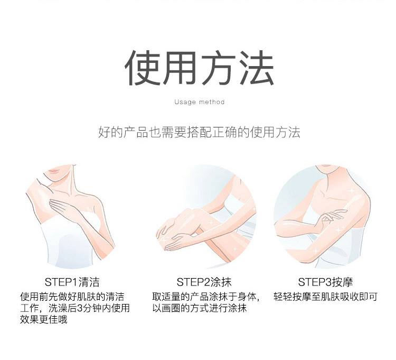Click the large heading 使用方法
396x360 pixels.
199,68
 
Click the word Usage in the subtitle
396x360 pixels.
185,102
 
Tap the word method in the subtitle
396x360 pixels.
212,102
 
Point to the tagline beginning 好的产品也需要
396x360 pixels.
199,132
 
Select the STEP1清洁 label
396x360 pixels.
72,282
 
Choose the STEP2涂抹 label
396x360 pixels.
204,282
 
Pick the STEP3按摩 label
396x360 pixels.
325,282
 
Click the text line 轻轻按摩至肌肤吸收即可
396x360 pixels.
325,297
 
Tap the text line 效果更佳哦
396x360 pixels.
44,319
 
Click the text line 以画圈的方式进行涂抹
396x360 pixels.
200,308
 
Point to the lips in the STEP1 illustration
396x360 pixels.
54,171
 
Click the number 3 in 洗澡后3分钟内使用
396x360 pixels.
80,308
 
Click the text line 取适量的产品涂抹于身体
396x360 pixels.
206,297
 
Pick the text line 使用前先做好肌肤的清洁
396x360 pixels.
72,297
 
